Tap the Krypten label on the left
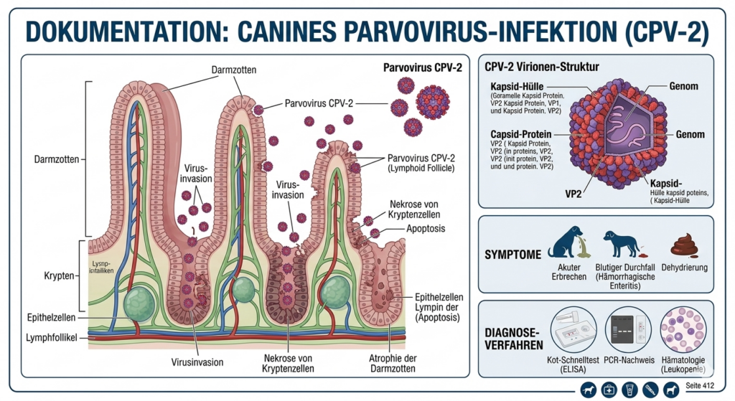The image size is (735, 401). pyautogui.click(x=57, y=275)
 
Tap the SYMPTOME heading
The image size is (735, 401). pyautogui.click(x=512, y=254)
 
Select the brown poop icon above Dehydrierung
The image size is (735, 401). pyautogui.click(x=685, y=246)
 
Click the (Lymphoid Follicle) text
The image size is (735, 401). pyautogui.click(x=423, y=170)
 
